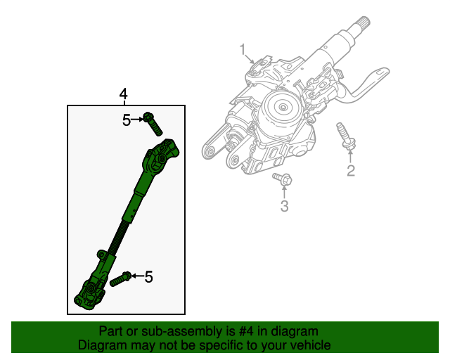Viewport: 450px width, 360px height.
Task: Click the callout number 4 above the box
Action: click(x=124, y=94)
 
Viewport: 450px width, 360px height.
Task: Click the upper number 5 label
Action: click(x=127, y=120)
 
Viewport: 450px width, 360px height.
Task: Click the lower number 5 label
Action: click(x=148, y=278)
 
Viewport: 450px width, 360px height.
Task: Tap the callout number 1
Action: click(x=243, y=50)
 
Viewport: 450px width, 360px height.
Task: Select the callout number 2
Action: click(x=351, y=169)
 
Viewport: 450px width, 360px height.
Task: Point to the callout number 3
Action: click(x=284, y=205)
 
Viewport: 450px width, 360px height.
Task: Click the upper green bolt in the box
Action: click(x=153, y=124)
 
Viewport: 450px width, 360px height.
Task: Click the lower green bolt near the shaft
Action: click(x=120, y=278)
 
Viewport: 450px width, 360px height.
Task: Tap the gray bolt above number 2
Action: click(x=346, y=136)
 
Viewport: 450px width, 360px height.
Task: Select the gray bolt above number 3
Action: click(x=283, y=179)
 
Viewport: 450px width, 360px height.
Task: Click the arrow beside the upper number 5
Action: click(x=138, y=120)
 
